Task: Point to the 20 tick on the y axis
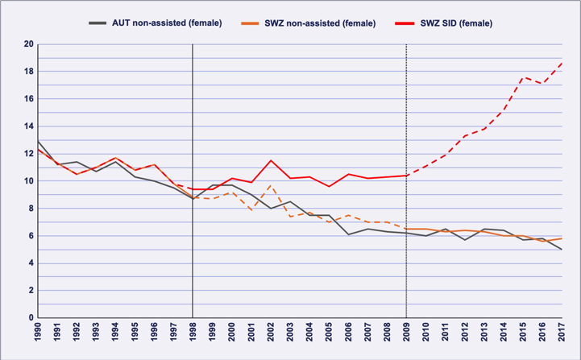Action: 27,44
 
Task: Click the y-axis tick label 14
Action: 27,126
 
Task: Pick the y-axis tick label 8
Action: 29,209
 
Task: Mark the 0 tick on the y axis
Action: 29,318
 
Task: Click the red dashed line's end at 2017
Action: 561,63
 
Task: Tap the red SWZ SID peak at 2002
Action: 271,160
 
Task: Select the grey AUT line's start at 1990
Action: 38,141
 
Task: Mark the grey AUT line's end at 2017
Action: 561,250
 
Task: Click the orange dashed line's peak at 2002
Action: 271,185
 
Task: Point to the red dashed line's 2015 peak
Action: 522,77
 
